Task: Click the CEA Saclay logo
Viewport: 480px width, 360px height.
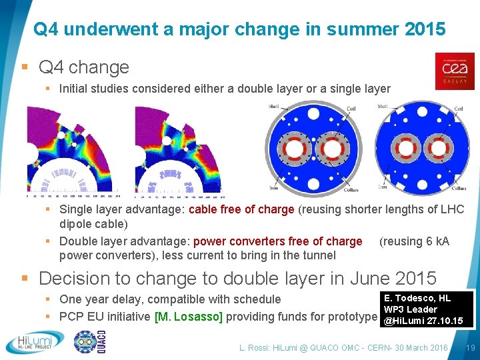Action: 455,71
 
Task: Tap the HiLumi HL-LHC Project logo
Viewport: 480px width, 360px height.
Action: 35,342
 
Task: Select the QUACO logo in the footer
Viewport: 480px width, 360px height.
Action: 91,342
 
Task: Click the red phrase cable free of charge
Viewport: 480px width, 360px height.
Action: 241,209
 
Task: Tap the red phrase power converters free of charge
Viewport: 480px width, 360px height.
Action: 277,241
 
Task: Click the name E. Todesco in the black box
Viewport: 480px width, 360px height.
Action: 409,298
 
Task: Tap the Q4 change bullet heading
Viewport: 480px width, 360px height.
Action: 83,67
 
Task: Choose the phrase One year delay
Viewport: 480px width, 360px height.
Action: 98,300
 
